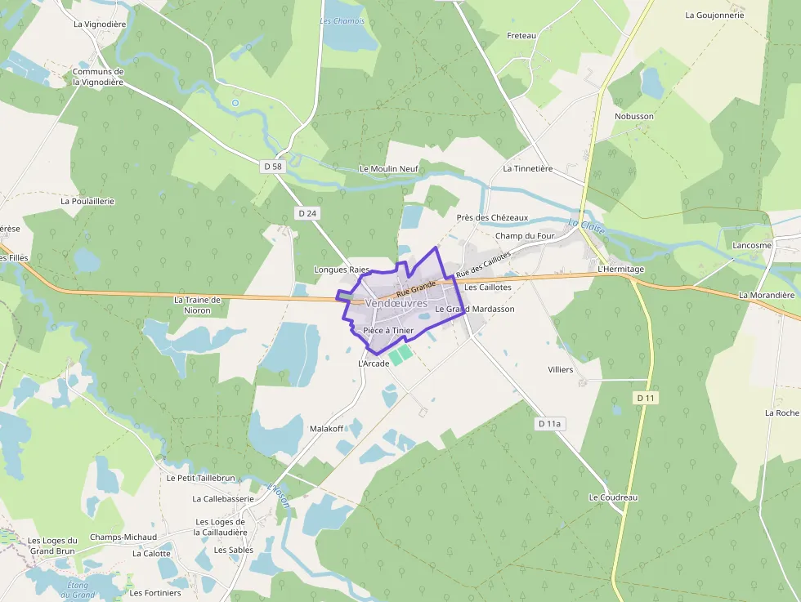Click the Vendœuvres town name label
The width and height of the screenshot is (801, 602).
pyautogui.click(x=396, y=303)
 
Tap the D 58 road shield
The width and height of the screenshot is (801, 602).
pyautogui.click(x=273, y=167)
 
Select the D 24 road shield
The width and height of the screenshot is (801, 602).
pyautogui.click(x=307, y=213)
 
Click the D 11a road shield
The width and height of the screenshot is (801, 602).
pyautogui.click(x=550, y=424)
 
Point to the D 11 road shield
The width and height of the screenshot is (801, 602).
pyautogui.click(x=646, y=398)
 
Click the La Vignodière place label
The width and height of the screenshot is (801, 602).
pyautogui.click(x=100, y=25)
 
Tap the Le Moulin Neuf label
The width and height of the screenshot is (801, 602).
pyautogui.click(x=388, y=169)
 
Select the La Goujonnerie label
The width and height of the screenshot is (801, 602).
pyautogui.click(x=715, y=15)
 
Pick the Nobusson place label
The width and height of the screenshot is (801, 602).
pyautogui.click(x=634, y=117)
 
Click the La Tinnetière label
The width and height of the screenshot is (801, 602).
pyautogui.click(x=528, y=169)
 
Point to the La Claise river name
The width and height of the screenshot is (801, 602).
pyautogui.click(x=587, y=226)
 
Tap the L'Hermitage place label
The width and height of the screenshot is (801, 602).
pyautogui.click(x=621, y=269)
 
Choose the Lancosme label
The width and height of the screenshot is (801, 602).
pyautogui.click(x=752, y=245)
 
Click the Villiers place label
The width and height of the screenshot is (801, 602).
pyautogui.click(x=561, y=369)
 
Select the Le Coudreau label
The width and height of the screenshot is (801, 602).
pyautogui.click(x=613, y=497)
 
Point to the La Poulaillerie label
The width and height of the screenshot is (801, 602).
pyautogui.click(x=87, y=201)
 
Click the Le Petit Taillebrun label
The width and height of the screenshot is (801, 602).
pyautogui.click(x=200, y=478)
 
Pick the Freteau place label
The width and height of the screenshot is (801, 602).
pyautogui.click(x=521, y=36)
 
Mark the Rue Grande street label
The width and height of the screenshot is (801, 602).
pyautogui.click(x=416, y=288)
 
